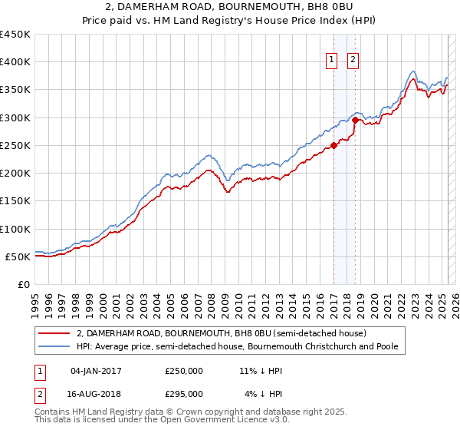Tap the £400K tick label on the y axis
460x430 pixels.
pos(15,62)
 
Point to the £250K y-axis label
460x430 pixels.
pos(15,145)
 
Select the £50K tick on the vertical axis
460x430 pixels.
pos(18,256)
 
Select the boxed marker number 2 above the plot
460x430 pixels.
pos(353,61)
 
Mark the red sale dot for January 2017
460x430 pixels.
pos(333,145)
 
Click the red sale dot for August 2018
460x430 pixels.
pos(355,121)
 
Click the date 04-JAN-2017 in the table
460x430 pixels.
pos(96,371)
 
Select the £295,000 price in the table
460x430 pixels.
pos(184,393)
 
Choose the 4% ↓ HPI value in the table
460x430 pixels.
pos(263,393)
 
